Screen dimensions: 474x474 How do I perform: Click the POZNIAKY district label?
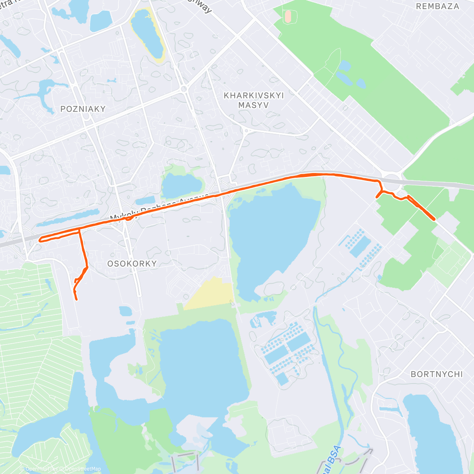[83, 109]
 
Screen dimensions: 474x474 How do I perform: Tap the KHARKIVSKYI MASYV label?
[254, 100]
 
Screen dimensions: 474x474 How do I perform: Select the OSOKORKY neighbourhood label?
[132, 263]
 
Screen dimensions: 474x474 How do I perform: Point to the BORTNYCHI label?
[436, 374]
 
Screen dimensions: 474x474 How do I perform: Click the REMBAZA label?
[438, 6]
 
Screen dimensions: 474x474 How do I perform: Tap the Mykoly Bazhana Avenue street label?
[158, 207]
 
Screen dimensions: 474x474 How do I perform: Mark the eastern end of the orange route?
[434, 219]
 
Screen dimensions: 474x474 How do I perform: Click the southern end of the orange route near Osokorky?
[76, 299]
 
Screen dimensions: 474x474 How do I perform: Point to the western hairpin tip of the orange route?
[40, 239]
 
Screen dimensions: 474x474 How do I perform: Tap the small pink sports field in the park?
[288, 16]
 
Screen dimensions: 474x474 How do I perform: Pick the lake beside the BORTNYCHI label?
[431, 427]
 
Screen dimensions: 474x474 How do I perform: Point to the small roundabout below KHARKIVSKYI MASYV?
[246, 130]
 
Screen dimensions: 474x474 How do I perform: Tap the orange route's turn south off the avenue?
[79, 230]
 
